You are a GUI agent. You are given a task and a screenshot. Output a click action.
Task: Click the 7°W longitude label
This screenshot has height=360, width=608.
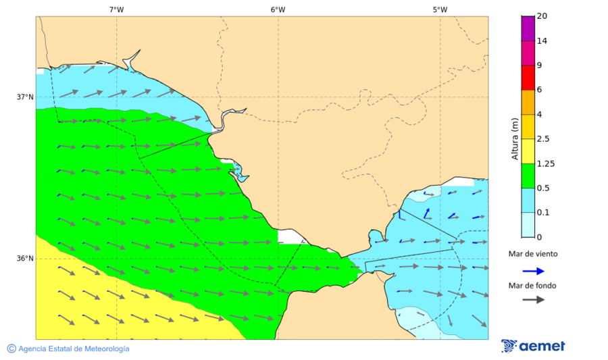[116, 9]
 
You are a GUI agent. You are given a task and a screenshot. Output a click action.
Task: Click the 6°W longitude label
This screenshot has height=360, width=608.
[278, 9]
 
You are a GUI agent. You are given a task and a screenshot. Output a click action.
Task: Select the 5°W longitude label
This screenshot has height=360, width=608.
[440, 9]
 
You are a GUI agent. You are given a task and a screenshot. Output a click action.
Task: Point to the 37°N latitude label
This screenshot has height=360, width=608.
[25, 97]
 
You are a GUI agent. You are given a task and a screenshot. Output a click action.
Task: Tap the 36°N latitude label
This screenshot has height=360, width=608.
[25, 258]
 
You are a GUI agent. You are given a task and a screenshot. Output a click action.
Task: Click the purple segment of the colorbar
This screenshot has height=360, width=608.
[528, 28]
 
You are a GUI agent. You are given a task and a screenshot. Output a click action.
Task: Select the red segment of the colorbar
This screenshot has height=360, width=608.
[528, 78]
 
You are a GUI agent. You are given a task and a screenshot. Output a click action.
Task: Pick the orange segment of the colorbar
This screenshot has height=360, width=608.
[528, 102]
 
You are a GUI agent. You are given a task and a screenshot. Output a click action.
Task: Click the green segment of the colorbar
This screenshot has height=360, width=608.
[528, 176]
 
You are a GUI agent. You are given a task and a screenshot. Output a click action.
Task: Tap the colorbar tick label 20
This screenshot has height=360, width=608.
[542, 16]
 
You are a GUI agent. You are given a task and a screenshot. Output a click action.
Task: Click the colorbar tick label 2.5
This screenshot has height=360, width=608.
[543, 139]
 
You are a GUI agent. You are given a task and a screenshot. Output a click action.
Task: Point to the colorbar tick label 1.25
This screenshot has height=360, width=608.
[545, 163]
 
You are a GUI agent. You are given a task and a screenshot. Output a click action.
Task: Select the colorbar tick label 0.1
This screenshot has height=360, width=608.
[543, 213]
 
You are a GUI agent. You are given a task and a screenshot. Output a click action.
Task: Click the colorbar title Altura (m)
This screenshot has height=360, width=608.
[515, 138]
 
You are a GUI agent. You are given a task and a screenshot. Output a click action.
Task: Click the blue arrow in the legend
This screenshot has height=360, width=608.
[534, 271]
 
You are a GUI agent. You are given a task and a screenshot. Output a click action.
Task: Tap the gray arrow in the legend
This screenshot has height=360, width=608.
[534, 299]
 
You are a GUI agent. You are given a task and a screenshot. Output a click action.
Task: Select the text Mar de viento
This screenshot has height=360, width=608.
[534, 255]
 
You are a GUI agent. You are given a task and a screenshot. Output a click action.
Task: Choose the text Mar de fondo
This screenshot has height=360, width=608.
[534, 286]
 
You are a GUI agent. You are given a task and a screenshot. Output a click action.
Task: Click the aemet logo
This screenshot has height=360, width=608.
[533, 346]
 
